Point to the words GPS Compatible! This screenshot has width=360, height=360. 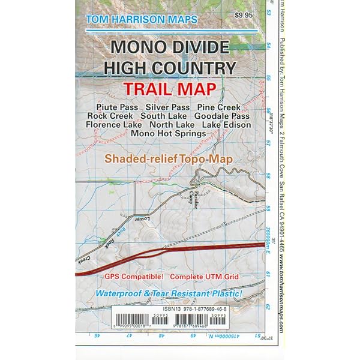(x=134, y=277)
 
